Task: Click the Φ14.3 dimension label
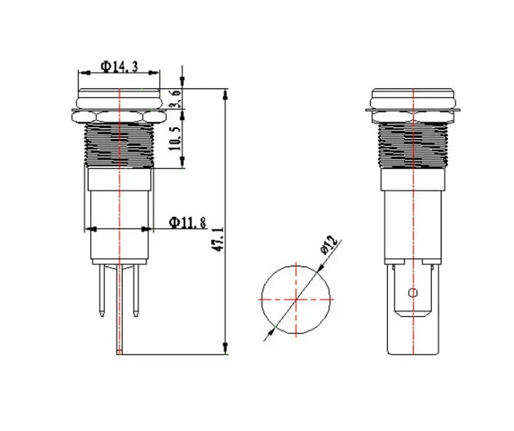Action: point(119,67)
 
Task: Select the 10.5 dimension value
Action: point(175,139)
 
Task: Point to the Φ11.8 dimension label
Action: point(187,222)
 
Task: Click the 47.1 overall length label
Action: point(218,239)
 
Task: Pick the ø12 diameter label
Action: point(329,245)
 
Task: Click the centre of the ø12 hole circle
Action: point(296,299)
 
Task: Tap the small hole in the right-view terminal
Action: point(413,292)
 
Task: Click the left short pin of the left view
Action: point(102,290)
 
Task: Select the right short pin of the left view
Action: point(136,290)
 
